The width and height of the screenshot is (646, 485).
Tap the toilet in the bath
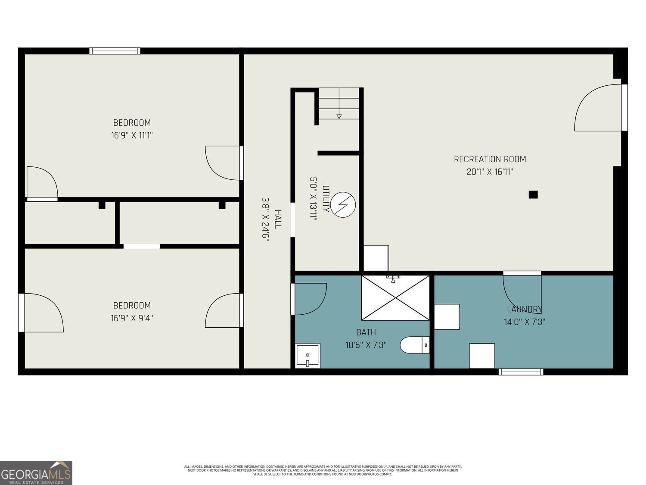[x=415, y=345]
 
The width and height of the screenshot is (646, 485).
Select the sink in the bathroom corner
[x=308, y=356]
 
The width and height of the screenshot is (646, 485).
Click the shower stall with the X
[x=395, y=298]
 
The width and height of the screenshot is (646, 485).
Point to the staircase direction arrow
[x=339, y=115]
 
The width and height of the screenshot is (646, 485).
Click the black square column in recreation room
[x=533, y=194]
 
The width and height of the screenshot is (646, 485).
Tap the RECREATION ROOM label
[x=490, y=159]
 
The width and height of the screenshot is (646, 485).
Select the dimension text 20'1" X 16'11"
[x=490, y=172]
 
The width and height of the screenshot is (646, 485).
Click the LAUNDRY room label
[x=525, y=309]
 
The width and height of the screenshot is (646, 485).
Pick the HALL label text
[x=278, y=219]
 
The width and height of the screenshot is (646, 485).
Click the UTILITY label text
[x=326, y=199]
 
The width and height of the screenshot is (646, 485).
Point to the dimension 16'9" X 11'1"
[x=132, y=135]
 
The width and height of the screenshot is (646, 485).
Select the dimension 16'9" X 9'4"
[x=132, y=318]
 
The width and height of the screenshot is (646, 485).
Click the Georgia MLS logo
[x=36, y=473]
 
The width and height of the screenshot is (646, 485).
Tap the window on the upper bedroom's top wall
[x=115, y=51]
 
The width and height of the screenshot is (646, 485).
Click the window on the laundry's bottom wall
[x=521, y=372]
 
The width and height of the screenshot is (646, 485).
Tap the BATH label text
[x=366, y=332]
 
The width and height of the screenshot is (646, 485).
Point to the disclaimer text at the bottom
[x=323, y=470]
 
